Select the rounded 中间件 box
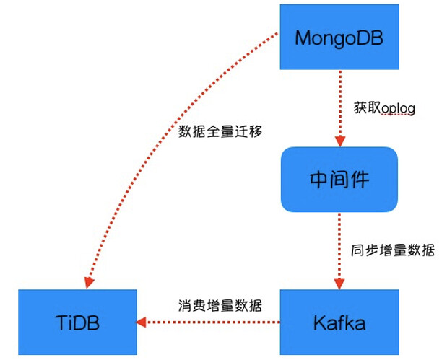coord(339,179)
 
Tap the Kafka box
coord(338,322)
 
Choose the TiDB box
coord(77,322)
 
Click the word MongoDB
coord(338,37)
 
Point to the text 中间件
coord(339,179)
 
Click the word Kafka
coord(338,322)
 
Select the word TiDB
coord(77,322)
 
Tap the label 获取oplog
coord(383,107)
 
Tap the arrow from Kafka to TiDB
coord(209,322)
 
